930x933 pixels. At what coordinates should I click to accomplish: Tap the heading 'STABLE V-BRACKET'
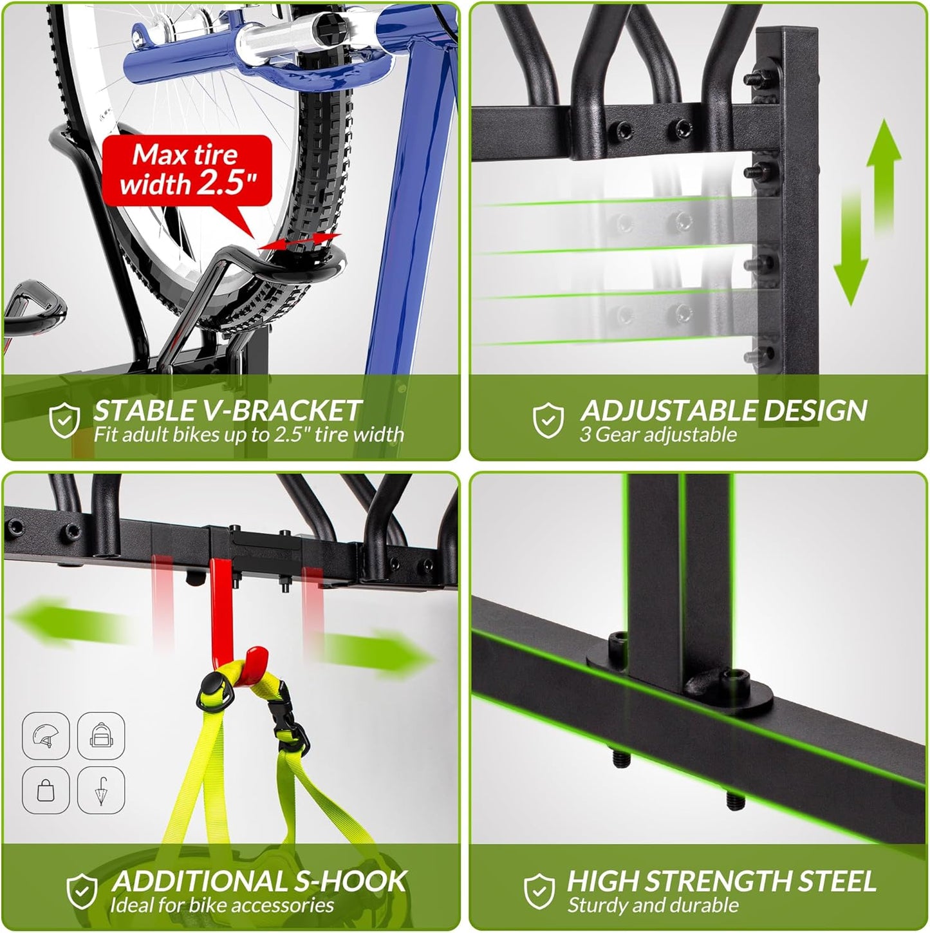(227, 410)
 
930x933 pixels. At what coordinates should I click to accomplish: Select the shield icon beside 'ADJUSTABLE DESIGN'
(548, 419)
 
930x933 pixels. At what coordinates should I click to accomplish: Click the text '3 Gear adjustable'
(657, 435)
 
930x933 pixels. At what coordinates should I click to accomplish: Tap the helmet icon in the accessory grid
(46, 734)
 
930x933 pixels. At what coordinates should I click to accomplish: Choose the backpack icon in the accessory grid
(101, 734)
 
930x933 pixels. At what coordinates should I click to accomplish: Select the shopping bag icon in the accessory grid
(46, 789)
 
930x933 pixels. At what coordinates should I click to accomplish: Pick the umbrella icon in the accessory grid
(101, 789)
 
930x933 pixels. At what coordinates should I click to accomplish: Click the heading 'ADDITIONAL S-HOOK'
(259, 881)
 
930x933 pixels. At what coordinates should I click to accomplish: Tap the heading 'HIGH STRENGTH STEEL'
(721, 881)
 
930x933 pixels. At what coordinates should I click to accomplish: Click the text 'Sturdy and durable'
(653, 905)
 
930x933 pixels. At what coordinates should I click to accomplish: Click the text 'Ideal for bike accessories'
(221, 905)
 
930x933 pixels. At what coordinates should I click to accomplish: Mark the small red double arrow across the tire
(299, 241)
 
